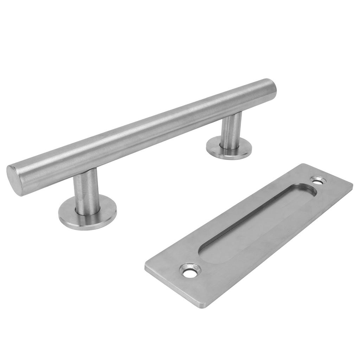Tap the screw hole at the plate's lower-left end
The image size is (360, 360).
click(190, 271)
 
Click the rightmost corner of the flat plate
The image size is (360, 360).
click(352, 184)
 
